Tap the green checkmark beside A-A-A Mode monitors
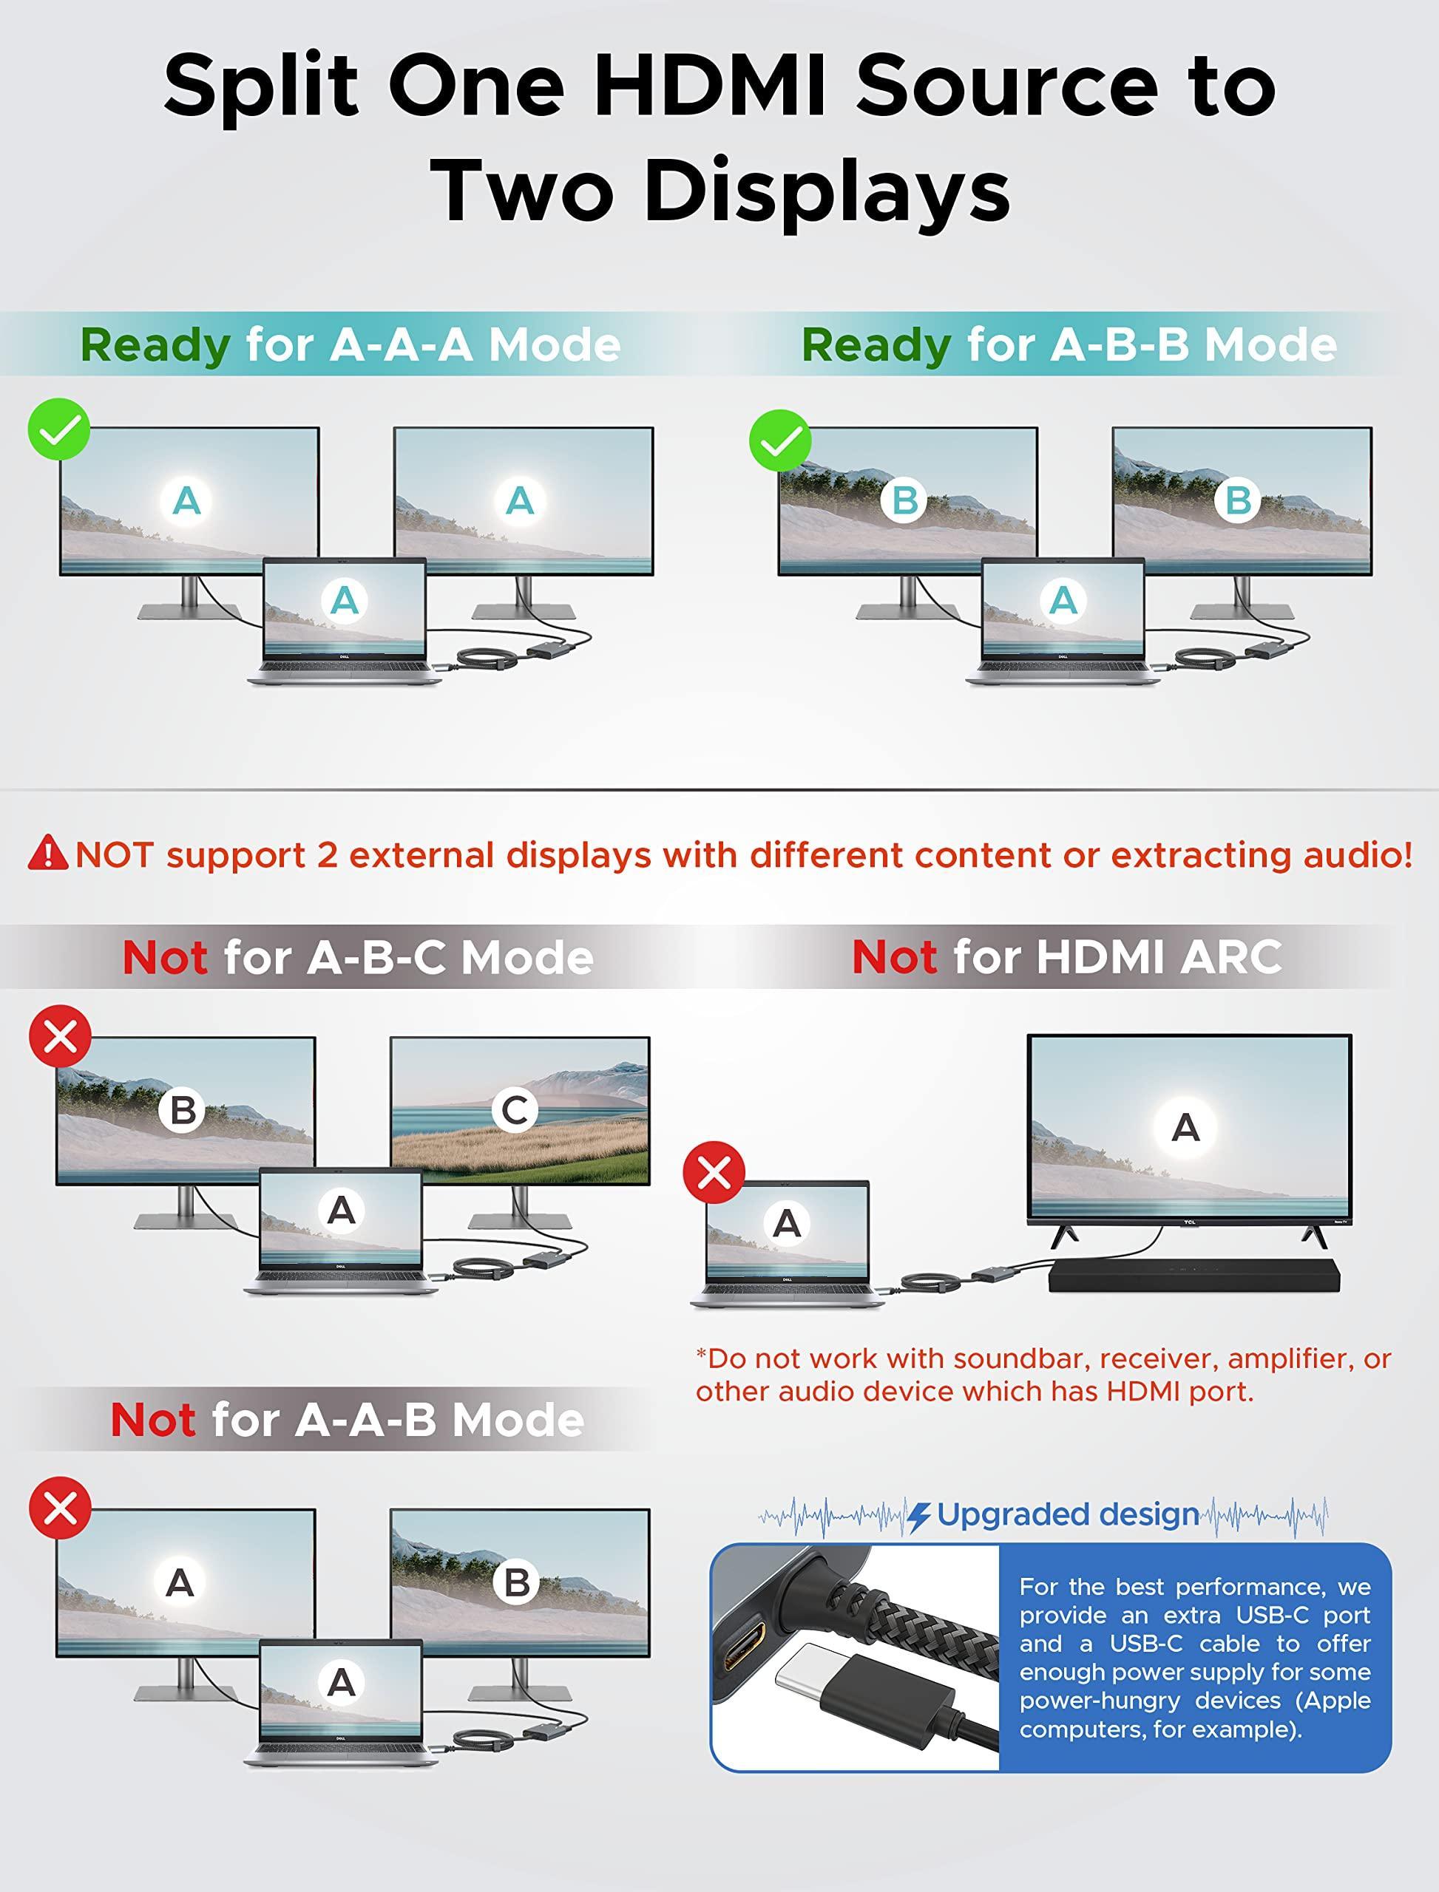pyautogui.click(x=59, y=430)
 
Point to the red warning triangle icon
pyautogui.click(x=48, y=854)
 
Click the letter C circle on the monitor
pyautogui.click(x=515, y=1110)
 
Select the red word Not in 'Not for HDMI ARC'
pyautogui.click(x=894, y=956)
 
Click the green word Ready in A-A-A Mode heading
pyautogui.click(x=155, y=345)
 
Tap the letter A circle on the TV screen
pyautogui.click(x=1185, y=1128)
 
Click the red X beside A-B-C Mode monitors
pyautogui.click(x=60, y=1037)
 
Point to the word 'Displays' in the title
pyautogui.click(x=827, y=190)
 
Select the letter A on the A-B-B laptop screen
pyautogui.click(x=1063, y=600)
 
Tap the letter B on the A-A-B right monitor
pyautogui.click(x=516, y=1582)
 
